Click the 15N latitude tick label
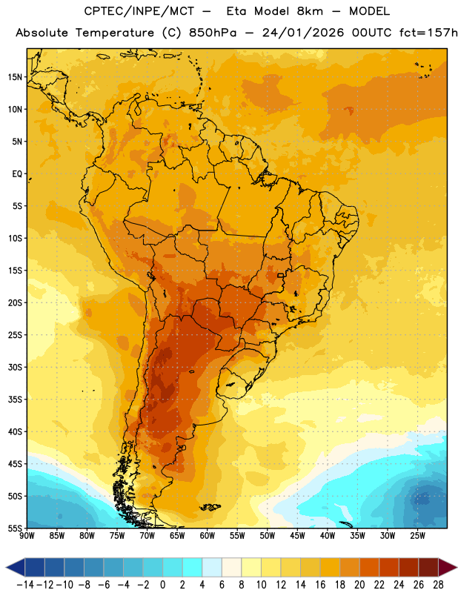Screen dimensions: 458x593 (x=15, y=77)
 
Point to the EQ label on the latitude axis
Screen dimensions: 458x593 (x=17, y=174)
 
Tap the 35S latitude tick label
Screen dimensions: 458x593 (x=15, y=400)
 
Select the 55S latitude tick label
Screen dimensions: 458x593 (x=15, y=528)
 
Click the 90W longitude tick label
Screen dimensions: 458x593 (x=27, y=536)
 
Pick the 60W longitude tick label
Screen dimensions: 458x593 (x=208, y=536)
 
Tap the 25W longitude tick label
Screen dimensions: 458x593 (x=417, y=536)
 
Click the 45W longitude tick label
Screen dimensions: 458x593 (x=297, y=536)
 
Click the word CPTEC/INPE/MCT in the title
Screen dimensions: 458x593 (x=139, y=11)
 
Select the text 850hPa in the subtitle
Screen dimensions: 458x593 (x=213, y=33)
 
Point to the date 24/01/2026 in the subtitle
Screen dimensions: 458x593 (x=303, y=33)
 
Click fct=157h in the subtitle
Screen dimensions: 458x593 (x=428, y=33)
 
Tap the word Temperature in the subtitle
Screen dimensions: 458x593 (x=115, y=33)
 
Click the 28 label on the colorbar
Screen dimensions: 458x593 (x=438, y=585)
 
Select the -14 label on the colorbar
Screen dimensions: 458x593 (x=25, y=585)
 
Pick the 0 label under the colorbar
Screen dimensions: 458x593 (x=162, y=585)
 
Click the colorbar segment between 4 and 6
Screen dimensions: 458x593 (x=212, y=567)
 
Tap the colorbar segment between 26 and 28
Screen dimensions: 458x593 (x=428, y=567)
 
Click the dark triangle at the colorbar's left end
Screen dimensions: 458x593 (x=15, y=567)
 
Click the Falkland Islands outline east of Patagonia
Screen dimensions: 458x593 (x=210, y=507)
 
